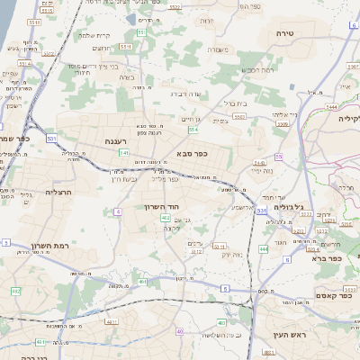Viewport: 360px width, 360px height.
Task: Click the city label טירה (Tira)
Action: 298,31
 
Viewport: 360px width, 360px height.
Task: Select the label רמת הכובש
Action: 256,69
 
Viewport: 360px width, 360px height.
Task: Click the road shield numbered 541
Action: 123,154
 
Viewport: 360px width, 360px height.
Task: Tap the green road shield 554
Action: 193,130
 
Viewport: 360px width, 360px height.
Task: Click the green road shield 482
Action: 15,292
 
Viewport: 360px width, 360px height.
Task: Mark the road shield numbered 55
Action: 279,157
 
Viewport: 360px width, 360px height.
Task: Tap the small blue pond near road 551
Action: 132,19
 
